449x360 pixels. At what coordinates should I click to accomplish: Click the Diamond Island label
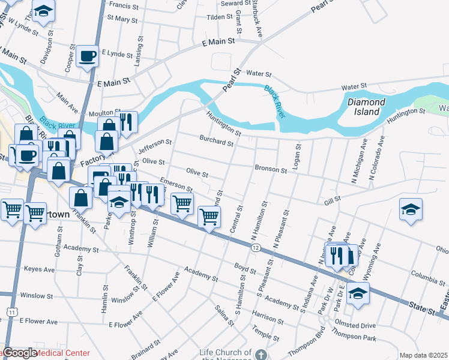pyautogui.click(x=366, y=107)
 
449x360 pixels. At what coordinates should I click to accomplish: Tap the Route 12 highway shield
pyautogui.click(x=256, y=248)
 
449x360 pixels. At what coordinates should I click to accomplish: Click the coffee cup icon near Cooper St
pyautogui.click(x=88, y=56)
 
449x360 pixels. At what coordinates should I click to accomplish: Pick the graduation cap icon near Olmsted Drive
pyautogui.click(x=358, y=294)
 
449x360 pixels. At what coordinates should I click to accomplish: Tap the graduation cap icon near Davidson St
pyautogui.click(x=43, y=11)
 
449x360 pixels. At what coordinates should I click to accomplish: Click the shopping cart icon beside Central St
pyautogui.click(x=209, y=217)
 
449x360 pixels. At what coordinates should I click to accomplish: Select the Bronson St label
pyautogui.click(x=271, y=169)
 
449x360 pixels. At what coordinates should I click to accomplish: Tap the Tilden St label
pyautogui.click(x=219, y=17)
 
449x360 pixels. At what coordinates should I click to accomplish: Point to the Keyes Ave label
pyautogui.click(x=40, y=269)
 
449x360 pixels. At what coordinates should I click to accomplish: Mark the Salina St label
pyautogui.click(x=224, y=316)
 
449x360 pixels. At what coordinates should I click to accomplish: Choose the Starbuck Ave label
pyautogui.click(x=258, y=19)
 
